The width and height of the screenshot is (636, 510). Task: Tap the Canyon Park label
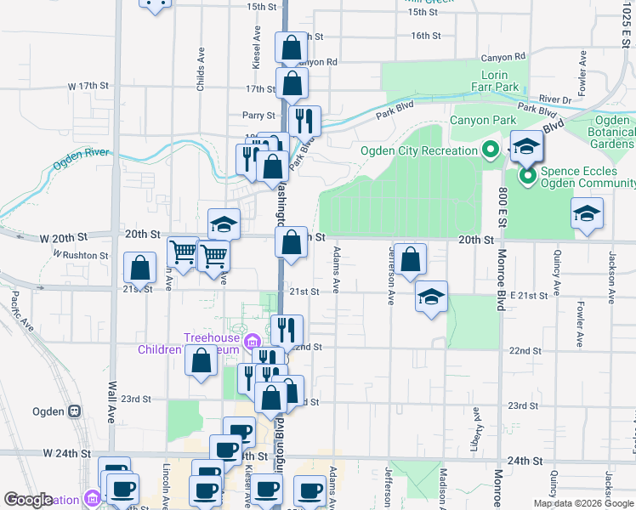tap(482, 120)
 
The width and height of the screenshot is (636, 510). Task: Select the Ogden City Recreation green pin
tap(489, 151)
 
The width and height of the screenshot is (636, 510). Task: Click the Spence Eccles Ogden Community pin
tap(526, 177)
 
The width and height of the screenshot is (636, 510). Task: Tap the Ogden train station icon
tap(75, 411)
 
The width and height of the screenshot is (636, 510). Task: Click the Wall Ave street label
tap(111, 403)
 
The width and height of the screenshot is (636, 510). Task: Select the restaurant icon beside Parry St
tap(304, 121)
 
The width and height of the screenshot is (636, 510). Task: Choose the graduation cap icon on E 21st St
tap(432, 297)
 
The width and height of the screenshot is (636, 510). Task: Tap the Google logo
tap(28, 500)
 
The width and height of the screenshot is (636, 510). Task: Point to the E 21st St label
tap(532, 295)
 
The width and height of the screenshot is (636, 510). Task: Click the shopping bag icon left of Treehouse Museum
tap(201, 361)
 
